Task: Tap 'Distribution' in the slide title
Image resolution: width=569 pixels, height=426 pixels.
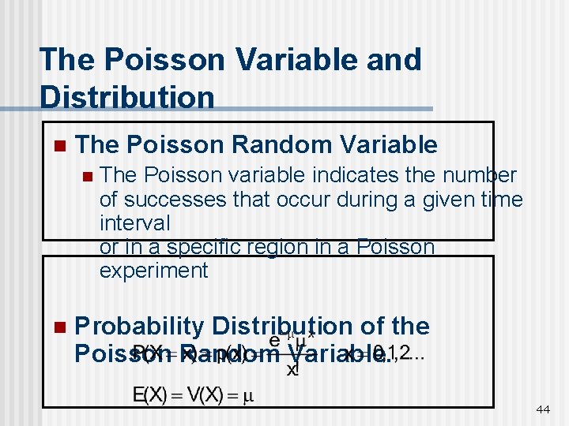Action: [126, 97]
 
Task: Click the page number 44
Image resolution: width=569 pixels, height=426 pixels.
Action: [543, 409]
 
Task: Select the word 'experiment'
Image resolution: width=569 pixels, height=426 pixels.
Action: [153, 271]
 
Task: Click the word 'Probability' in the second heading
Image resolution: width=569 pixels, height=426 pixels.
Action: [139, 327]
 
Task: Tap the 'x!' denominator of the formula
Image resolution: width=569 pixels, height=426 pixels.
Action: [292, 368]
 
